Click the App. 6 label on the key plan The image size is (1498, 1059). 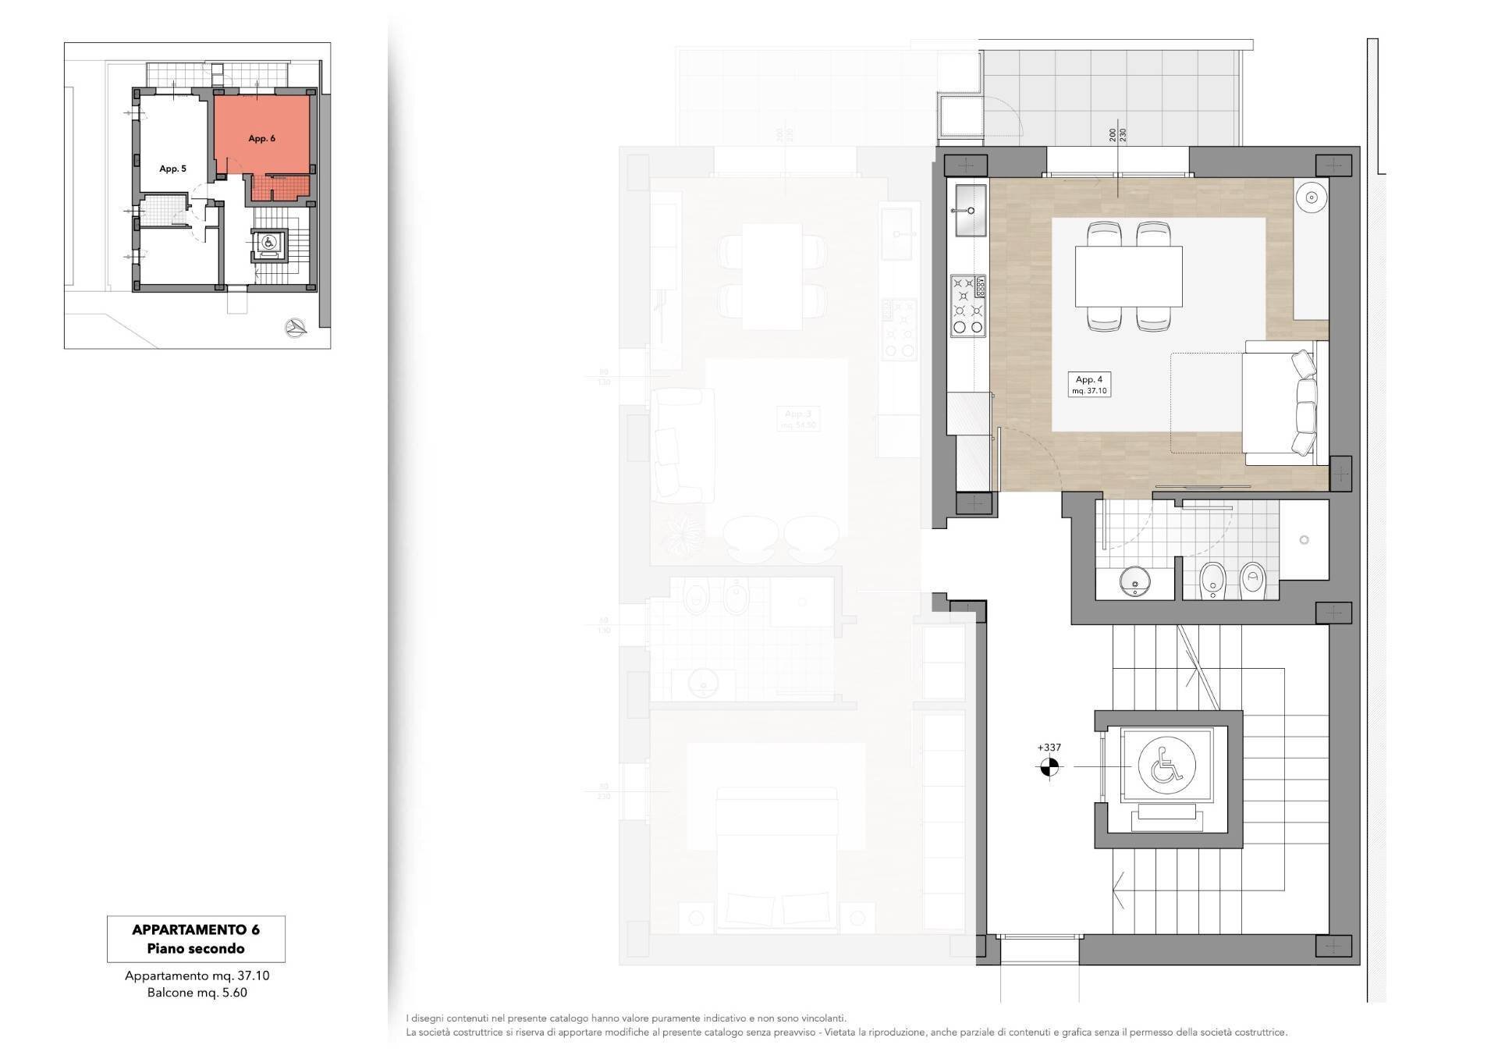(x=261, y=139)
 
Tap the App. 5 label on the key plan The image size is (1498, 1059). (x=172, y=169)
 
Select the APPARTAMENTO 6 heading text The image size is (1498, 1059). (x=196, y=929)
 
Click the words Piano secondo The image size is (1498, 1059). (x=196, y=949)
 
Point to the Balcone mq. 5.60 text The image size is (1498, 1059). (x=197, y=993)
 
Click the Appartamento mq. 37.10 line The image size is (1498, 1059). (x=197, y=975)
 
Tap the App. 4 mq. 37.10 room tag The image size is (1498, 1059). (x=1089, y=385)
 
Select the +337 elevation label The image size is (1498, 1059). (x=1049, y=748)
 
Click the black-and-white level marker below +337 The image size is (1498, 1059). (x=1049, y=768)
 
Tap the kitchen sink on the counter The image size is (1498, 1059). (x=969, y=209)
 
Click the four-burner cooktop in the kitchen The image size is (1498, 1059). (x=967, y=306)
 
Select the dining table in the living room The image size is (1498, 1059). (x=1128, y=276)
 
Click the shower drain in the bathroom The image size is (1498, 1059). (x=1304, y=540)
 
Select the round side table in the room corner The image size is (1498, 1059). (x=1312, y=197)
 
